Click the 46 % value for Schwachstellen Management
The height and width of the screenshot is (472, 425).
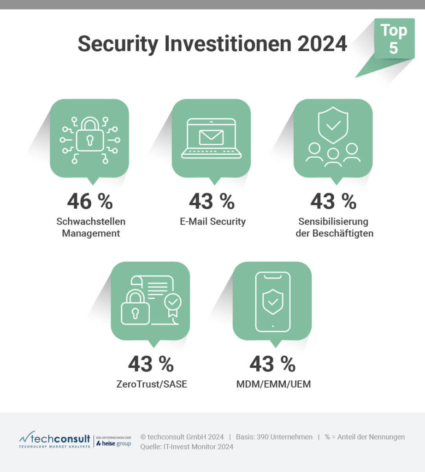[90, 201]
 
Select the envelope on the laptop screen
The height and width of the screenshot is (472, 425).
[211, 137]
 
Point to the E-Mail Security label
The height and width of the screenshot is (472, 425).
[212, 221]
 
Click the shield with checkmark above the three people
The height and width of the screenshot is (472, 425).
[333, 125]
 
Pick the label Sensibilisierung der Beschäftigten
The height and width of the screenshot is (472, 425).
[334, 227]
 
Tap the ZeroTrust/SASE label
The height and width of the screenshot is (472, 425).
[151, 383]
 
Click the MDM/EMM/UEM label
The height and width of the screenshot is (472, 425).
[272, 383]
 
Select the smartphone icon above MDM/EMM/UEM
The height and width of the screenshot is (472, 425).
[272, 301]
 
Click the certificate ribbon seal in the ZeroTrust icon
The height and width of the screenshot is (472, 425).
[173, 305]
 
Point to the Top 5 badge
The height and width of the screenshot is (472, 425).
[393, 39]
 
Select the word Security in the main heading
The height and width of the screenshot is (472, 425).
[121, 44]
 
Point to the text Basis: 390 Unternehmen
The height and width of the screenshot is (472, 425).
[274, 437]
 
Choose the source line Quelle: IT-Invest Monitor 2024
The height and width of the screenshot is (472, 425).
[187, 447]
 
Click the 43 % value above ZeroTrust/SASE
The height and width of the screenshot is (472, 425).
[151, 364]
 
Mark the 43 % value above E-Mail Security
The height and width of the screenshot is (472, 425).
[212, 201]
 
